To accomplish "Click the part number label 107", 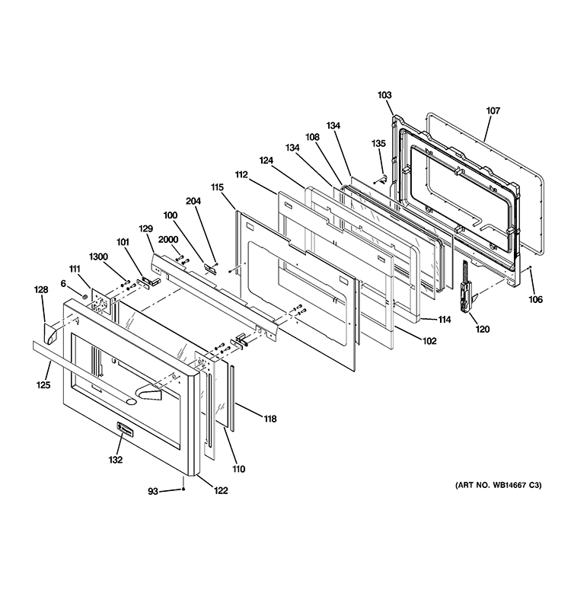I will point(493,110).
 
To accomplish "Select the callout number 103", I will point(384,95).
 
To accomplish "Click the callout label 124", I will point(266,161).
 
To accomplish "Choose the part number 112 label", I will point(241,174).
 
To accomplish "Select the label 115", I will point(217,187).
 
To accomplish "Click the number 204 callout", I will point(193,201).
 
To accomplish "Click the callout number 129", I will point(145,228).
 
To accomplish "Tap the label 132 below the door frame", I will point(115,460).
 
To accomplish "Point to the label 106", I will point(535,299).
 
